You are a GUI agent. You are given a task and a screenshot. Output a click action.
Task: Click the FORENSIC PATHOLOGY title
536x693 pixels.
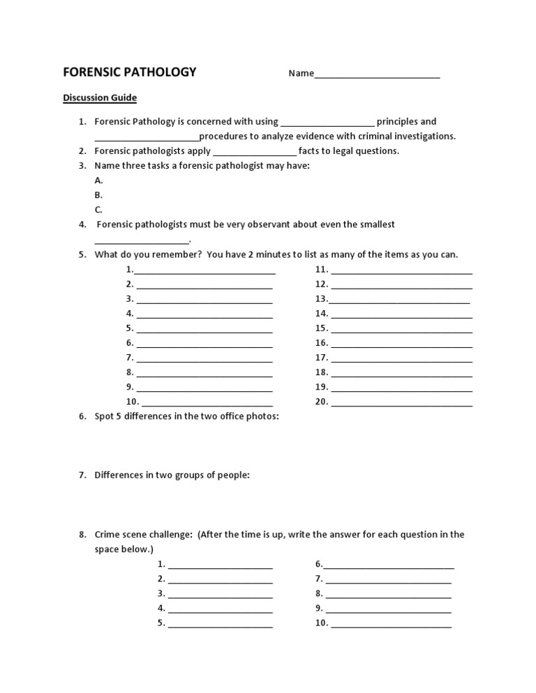pos(130,73)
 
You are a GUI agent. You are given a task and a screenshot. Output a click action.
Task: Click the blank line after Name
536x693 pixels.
pos(377,74)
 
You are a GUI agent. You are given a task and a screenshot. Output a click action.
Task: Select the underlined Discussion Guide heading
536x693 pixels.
pos(100,98)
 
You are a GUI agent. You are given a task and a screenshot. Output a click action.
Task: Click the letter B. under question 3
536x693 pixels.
pos(98,195)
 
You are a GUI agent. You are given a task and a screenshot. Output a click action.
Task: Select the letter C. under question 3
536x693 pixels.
pos(98,209)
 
